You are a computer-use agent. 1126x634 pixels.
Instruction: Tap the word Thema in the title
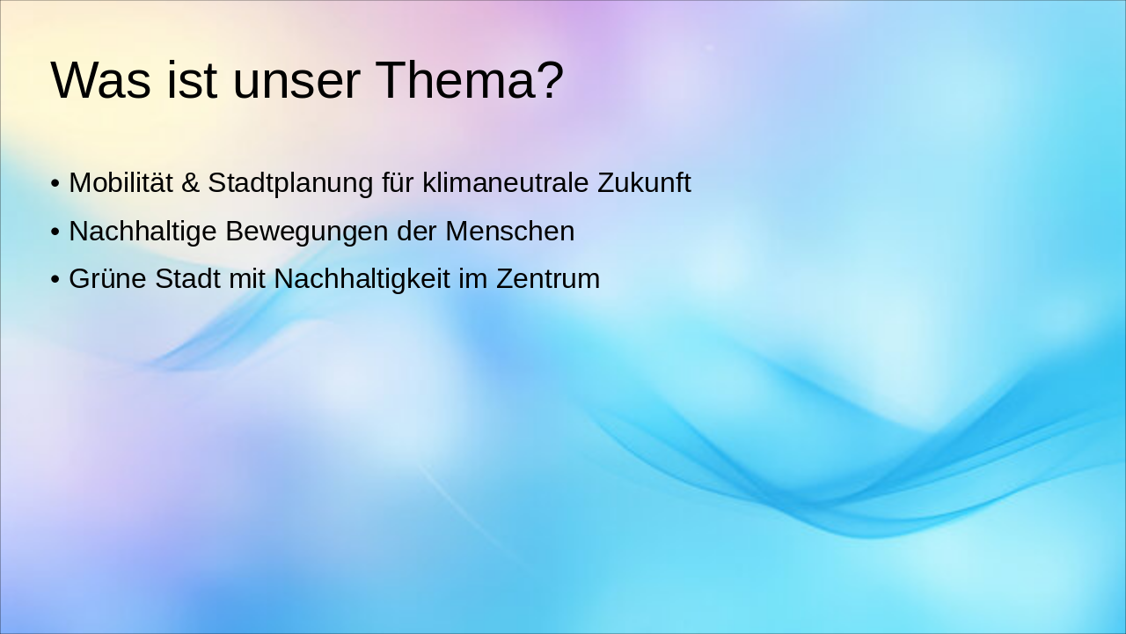451,80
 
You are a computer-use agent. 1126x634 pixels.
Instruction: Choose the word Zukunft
644,183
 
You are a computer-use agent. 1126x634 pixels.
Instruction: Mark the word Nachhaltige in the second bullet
143,232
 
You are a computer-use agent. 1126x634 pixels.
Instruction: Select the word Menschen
509,232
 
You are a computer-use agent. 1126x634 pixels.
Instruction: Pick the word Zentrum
547,279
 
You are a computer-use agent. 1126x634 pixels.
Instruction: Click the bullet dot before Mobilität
55,184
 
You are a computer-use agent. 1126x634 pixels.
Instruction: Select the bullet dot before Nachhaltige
55,232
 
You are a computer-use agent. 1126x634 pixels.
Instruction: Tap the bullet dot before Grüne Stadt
55,280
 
